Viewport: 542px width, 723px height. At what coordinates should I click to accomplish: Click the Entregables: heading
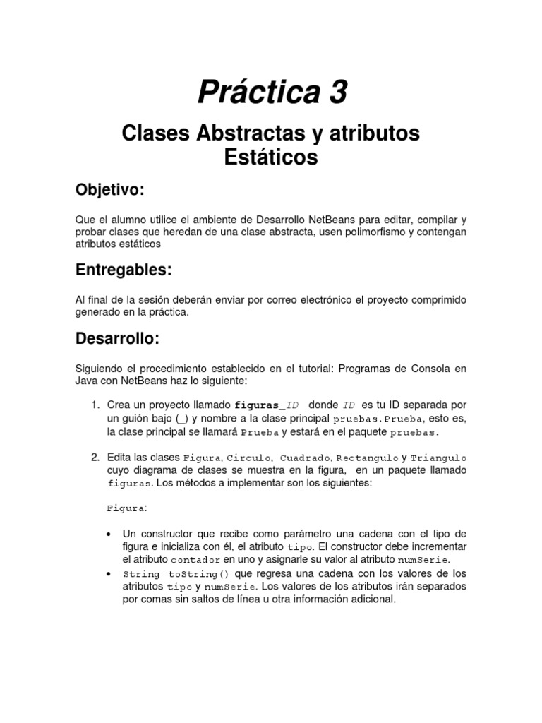124,270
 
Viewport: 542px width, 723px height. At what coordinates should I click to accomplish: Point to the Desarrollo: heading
118,338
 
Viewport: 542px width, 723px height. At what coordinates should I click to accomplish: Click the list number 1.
95,405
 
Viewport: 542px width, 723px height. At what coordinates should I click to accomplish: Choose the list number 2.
95,458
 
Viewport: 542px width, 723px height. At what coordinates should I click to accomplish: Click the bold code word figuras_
260,405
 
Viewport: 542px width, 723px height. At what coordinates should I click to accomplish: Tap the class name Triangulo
438,458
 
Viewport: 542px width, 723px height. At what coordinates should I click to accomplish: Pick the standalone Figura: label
127,508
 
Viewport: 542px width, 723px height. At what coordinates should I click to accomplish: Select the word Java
88,381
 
